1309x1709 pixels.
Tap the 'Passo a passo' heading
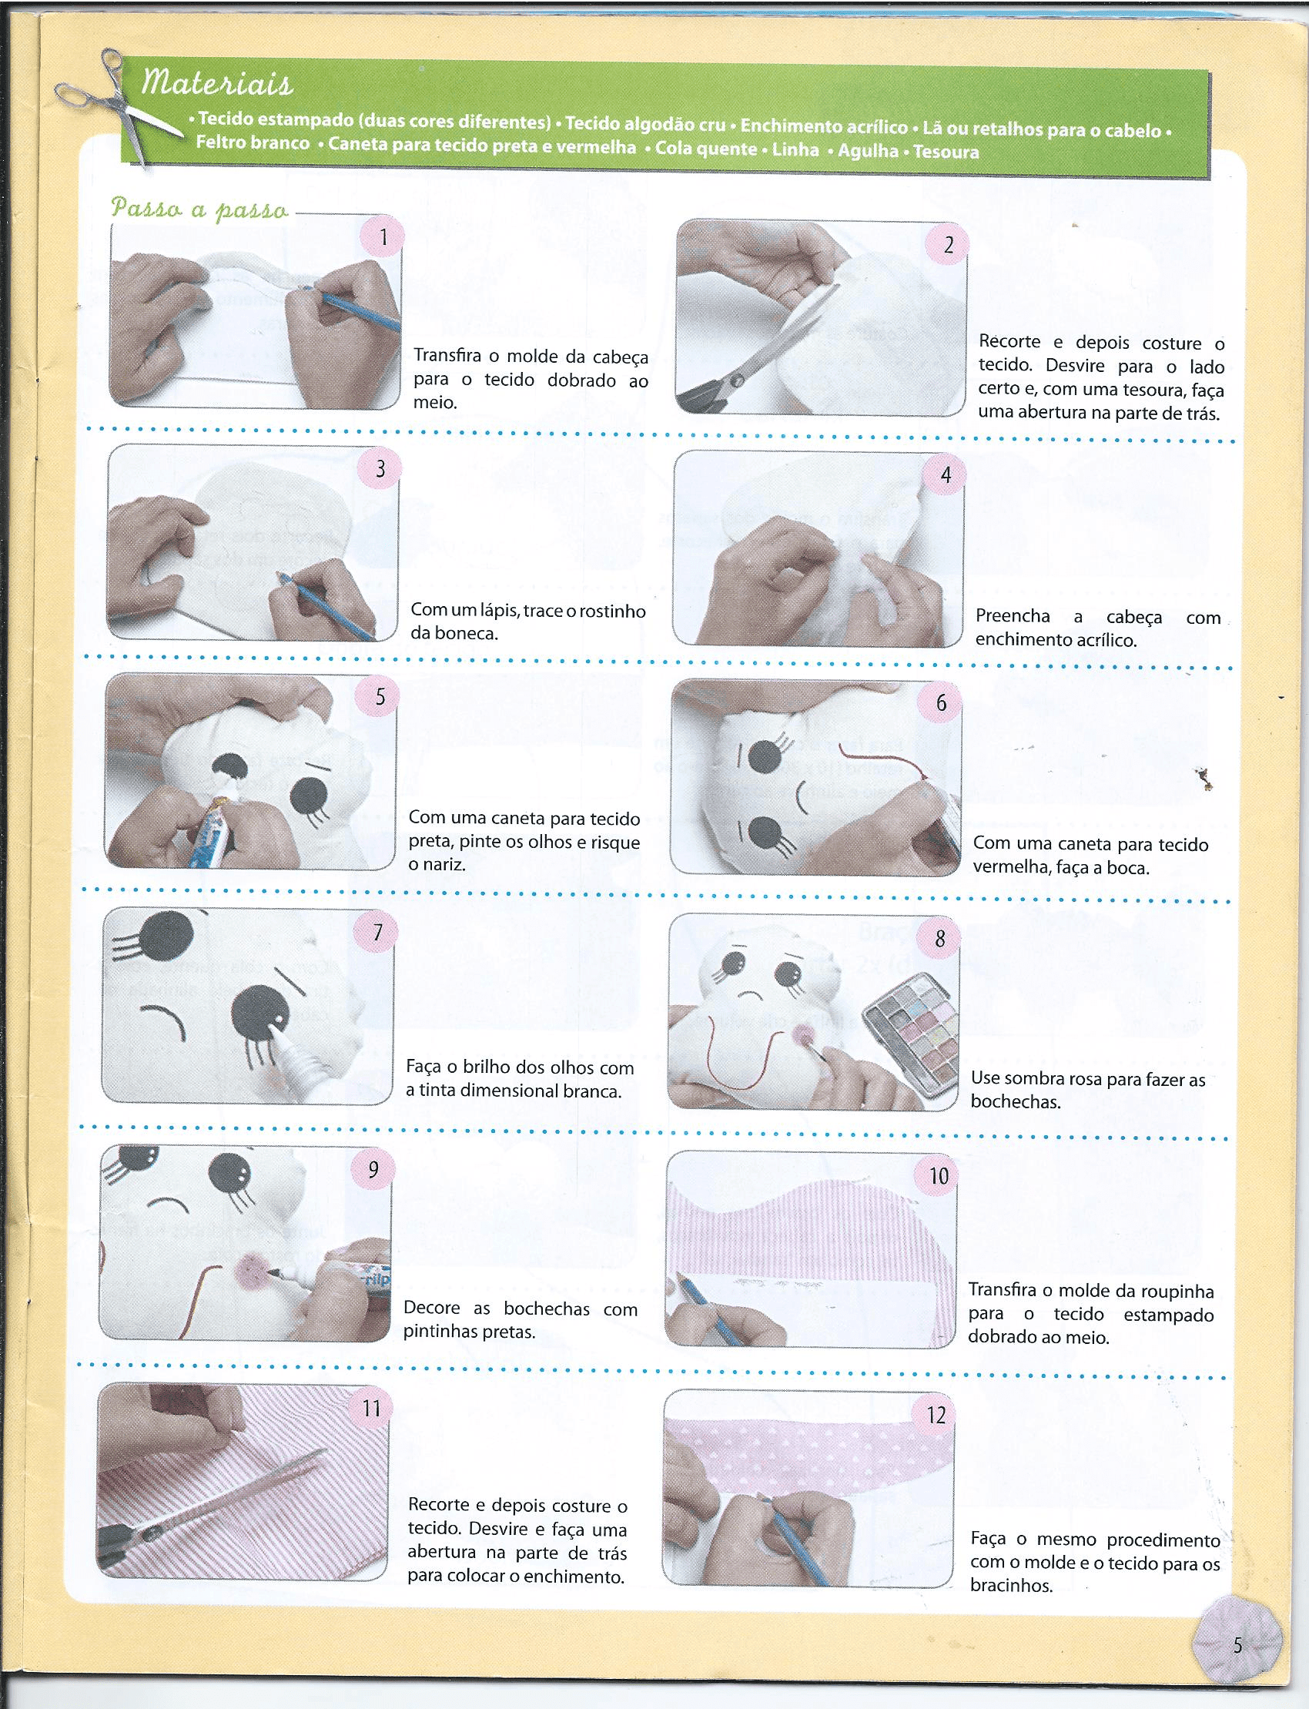coord(200,209)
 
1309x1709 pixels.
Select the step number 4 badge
coord(946,474)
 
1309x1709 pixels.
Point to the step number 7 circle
coord(378,932)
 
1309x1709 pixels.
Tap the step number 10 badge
coord(939,1175)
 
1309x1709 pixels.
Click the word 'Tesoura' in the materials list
coord(946,152)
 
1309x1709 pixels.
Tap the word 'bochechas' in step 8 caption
coord(1016,1102)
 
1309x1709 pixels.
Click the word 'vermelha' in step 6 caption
coord(1009,866)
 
